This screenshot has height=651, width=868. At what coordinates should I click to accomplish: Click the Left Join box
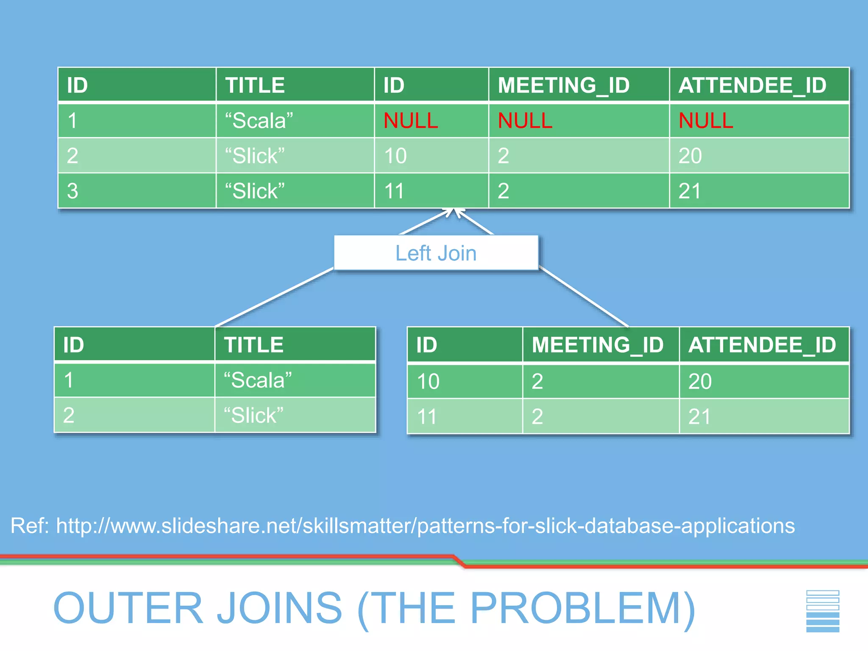(436, 253)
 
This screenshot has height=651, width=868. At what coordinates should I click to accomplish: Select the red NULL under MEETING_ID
(525, 121)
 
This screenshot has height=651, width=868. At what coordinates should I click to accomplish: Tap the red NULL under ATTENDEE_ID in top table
(706, 121)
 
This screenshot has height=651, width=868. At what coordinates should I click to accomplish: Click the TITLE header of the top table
(255, 85)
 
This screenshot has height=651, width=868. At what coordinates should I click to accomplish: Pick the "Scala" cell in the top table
(259, 121)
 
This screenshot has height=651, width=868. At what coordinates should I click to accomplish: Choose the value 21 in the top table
(690, 191)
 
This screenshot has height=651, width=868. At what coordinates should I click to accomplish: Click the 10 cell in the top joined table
(395, 156)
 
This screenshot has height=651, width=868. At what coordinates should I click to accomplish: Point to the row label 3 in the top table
(72, 191)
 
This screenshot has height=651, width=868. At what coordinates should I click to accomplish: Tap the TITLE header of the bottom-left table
(253, 345)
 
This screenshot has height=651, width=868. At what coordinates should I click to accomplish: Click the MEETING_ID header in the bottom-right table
(597, 345)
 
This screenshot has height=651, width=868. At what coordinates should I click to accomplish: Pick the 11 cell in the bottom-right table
(426, 417)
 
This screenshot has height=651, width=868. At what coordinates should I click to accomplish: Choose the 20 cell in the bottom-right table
(700, 381)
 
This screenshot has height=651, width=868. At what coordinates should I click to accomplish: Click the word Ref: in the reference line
(30, 526)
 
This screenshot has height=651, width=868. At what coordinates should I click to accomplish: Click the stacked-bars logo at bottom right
(822, 611)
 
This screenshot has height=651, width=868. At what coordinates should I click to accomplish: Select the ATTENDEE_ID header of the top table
(752, 85)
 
